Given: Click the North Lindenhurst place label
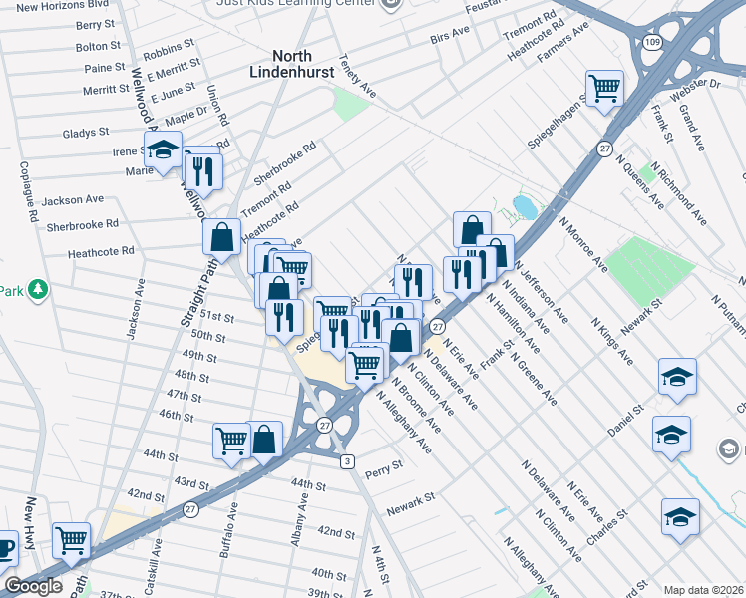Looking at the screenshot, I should click(294, 64).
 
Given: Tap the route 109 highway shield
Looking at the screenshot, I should click(652, 43).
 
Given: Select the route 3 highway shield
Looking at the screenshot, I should click(347, 460).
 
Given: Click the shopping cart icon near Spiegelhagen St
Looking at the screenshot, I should click(604, 89).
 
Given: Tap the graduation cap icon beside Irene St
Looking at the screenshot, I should click(161, 152).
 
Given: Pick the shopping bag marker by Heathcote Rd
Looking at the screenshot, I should click(221, 237).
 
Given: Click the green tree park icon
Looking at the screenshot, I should click(38, 290).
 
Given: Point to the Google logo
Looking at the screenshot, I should click(34, 585).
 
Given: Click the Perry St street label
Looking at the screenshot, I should click(384, 465).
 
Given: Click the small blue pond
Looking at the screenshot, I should click(523, 207).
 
